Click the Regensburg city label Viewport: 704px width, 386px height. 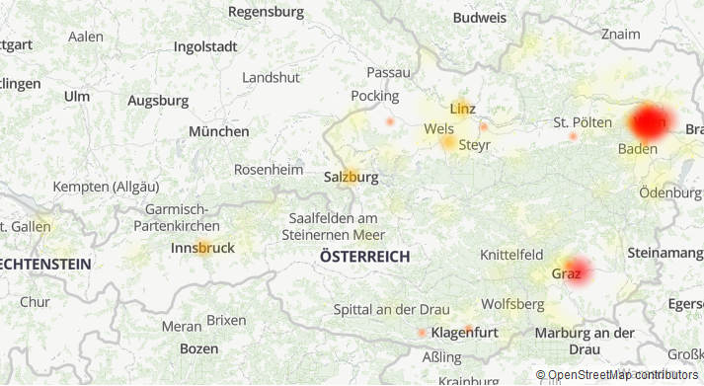coord(266,12)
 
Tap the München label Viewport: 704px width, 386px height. coord(219,131)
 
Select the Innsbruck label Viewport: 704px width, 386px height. coord(202,248)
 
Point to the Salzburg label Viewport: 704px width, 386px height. coord(351,178)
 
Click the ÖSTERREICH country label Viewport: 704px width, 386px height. coord(364,257)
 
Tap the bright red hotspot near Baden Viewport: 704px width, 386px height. coord(650,123)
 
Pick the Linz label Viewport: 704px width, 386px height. coord(462,108)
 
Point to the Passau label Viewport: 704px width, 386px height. coord(388,72)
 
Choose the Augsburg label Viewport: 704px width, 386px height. coord(158,101)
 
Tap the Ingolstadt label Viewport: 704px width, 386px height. coord(205,46)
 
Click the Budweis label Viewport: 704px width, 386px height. coord(480,18)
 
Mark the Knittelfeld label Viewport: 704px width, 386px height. coord(511,255)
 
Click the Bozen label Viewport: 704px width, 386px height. coord(198,348)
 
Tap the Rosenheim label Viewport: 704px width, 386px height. coord(269,170)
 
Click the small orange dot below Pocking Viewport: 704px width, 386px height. coord(390,121)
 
